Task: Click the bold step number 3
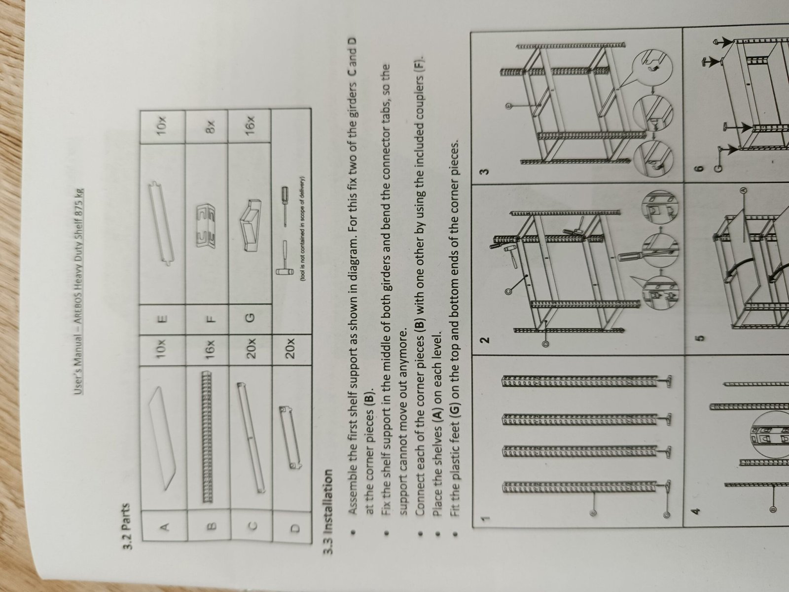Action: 485,172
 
